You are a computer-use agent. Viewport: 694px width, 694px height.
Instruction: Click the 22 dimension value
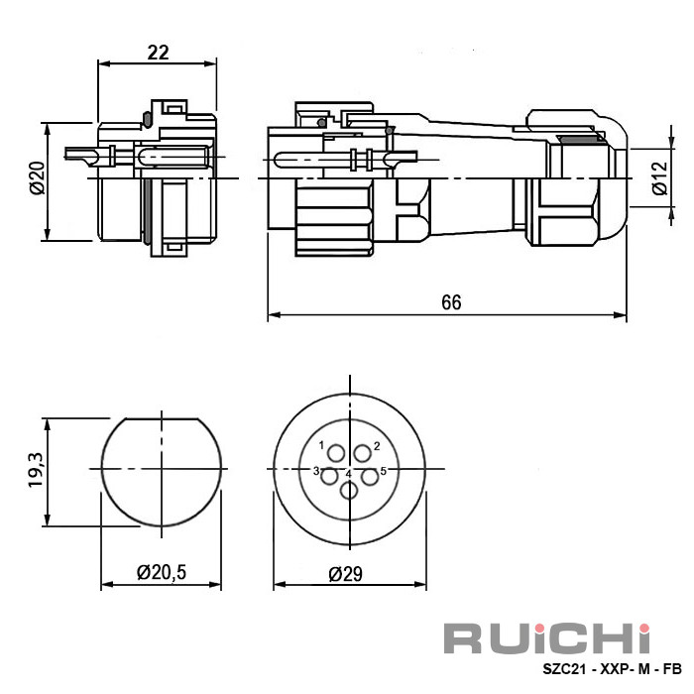(x=158, y=53)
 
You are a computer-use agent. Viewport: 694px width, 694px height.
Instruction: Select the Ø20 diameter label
(x=38, y=178)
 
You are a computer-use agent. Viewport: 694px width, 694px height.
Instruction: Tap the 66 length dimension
(x=451, y=302)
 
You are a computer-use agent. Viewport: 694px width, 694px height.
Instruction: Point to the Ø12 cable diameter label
(x=659, y=177)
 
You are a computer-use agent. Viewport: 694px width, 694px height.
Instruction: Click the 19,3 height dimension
(x=36, y=470)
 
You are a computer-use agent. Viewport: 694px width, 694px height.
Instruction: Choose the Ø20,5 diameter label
(x=162, y=572)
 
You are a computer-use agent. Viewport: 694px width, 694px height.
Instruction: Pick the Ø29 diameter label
(x=345, y=574)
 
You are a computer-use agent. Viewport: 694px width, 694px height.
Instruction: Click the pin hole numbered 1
(x=336, y=454)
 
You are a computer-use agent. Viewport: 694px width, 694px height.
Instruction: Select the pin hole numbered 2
(x=363, y=454)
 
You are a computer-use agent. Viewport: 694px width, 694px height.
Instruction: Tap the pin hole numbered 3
(x=329, y=477)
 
